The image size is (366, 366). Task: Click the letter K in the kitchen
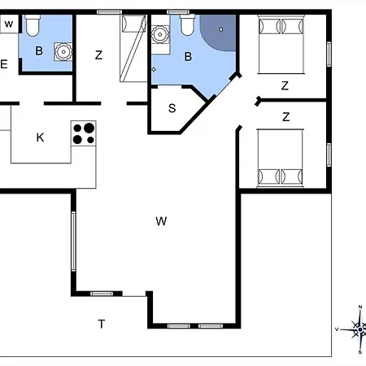click(40, 137)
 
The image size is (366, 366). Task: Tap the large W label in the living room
click(161, 221)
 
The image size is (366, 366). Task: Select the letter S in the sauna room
click(172, 108)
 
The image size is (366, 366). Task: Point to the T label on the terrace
click(102, 324)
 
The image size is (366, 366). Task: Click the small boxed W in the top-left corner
click(9, 24)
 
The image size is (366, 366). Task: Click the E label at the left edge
click(4, 64)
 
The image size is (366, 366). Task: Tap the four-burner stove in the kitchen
click(84, 133)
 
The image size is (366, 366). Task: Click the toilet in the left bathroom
click(33, 26)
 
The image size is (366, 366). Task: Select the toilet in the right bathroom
click(187, 25)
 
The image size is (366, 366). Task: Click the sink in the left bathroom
click(63, 51)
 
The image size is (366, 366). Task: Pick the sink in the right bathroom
click(160, 34)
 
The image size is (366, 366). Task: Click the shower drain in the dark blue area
click(221, 29)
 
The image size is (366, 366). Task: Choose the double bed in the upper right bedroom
click(281, 44)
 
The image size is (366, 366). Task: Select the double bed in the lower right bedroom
click(281, 159)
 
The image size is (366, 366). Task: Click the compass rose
click(356, 329)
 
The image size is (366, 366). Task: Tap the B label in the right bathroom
click(188, 57)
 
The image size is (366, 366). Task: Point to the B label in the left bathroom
click(39, 50)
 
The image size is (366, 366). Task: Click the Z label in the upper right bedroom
click(285, 85)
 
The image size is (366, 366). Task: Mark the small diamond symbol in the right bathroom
click(154, 69)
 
